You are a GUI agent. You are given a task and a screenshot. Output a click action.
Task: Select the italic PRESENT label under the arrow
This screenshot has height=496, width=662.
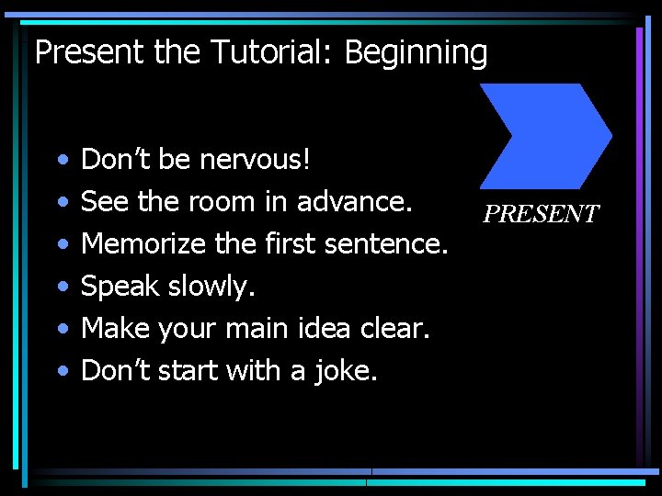pos(541,214)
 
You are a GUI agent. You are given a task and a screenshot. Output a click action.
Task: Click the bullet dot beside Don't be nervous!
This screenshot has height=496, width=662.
pos(61,161)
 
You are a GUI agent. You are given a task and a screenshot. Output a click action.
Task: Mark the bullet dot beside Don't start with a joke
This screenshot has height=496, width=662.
pos(61,371)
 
